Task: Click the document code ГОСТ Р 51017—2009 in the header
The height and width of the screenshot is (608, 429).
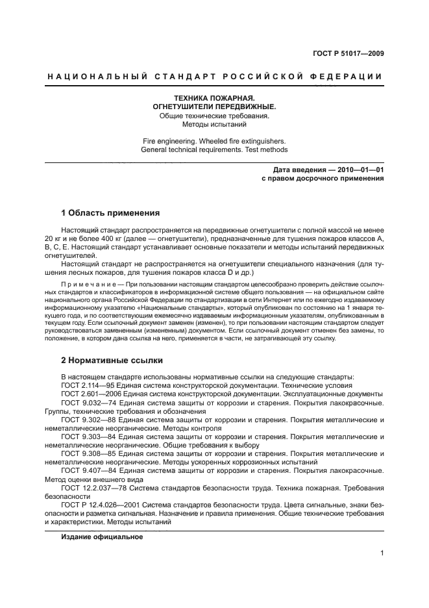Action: [x=345, y=54]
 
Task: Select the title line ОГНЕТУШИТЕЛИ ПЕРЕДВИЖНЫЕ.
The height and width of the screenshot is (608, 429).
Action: [x=214, y=107]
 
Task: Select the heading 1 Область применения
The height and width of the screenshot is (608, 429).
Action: [x=110, y=212]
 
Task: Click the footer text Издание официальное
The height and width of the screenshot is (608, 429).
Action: [x=102, y=537]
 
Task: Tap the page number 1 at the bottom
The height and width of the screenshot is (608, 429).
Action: [x=382, y=553]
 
